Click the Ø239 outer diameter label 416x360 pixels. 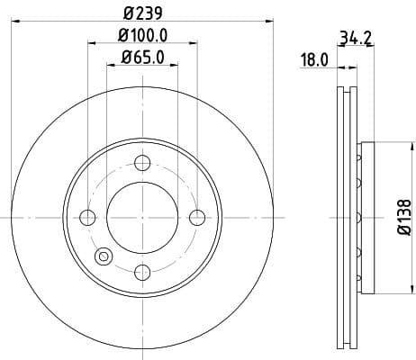(142, 15)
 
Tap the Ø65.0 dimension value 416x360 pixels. (142, 60)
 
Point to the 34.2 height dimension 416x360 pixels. (356, 39)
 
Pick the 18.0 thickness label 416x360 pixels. (313, 60)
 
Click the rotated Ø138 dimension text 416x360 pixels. (404, 217)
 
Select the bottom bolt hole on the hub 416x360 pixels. (141, 272)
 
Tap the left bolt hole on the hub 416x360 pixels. (87, 217)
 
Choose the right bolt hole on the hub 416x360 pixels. (197, 217)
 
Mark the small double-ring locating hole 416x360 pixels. (103, 257)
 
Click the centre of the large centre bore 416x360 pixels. (141, 217)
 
